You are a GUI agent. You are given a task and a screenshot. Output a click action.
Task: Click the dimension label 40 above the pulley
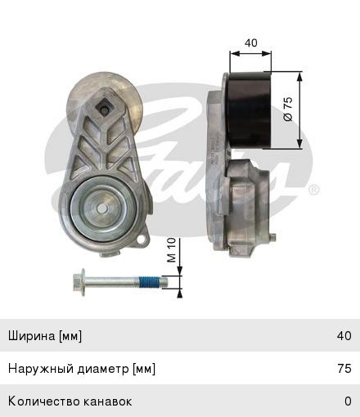pos(251,43)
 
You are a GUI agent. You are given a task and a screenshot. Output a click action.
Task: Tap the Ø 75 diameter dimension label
pos(288,109)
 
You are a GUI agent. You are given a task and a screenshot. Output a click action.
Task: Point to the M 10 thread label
pos(172,250)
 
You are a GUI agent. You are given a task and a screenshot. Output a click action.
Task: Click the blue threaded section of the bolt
pos(149,282)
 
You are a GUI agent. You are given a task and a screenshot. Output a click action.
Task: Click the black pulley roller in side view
pos(250,110)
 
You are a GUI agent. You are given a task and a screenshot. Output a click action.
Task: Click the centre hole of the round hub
pos(102,209)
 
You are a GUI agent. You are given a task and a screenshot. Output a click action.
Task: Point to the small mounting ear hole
pos(142,240)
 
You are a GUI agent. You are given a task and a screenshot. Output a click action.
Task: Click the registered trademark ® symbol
pos(313,190)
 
